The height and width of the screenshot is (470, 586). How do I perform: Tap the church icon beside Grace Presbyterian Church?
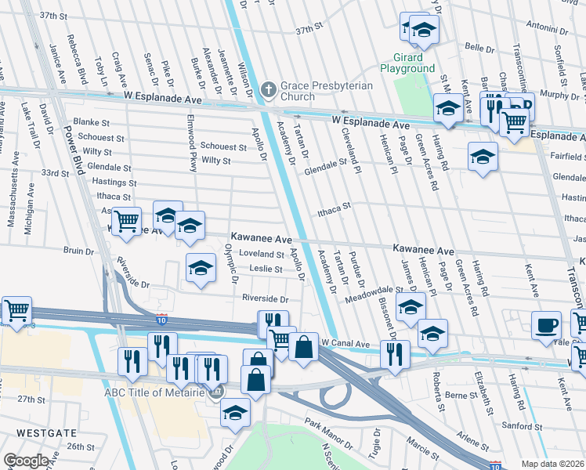click(269, 87)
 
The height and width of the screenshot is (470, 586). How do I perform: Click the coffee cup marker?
click(546, 324)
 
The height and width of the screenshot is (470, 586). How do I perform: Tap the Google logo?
click(26, 461)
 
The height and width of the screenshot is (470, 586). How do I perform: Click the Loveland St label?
click(262, 254)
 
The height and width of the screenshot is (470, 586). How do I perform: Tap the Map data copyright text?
click(552, 463)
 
